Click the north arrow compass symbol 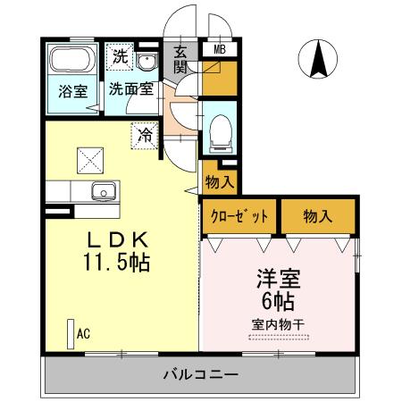pyautogui.click(x=318, y=61)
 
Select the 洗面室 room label pyautogui.click(x=132, y=89)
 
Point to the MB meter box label pyautogui.click(x=220, y=50)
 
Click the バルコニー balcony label pyautogui.click(x=199, y=374)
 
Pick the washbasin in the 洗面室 pyautogui.click(x=147, y=62)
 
